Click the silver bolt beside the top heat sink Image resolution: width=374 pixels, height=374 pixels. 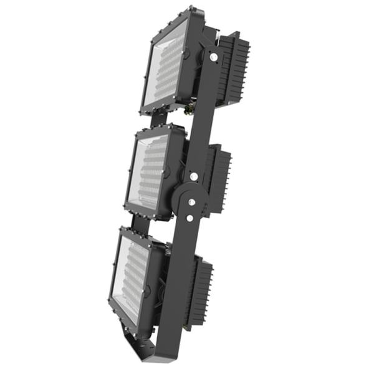(x=214, y=57)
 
